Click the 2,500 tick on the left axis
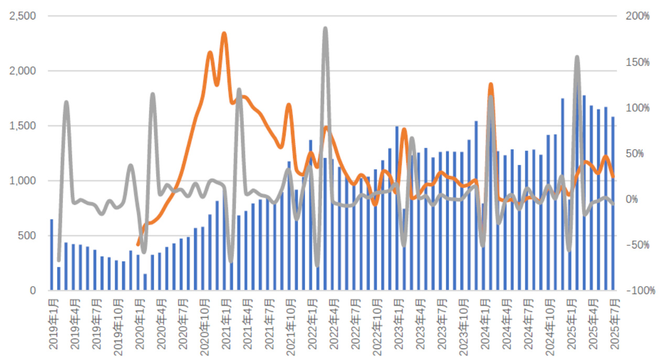[23, 16]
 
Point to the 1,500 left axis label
[23, 126]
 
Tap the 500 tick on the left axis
[27, 236]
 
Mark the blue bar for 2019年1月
[51, 255]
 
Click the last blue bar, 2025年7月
[613, 203]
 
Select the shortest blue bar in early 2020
[145, 282]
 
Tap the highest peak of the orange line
[224, 34]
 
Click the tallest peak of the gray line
[325, 28]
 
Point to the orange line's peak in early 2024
[491, 84]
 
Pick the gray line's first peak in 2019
[67, 102]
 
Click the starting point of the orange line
[137, 244]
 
